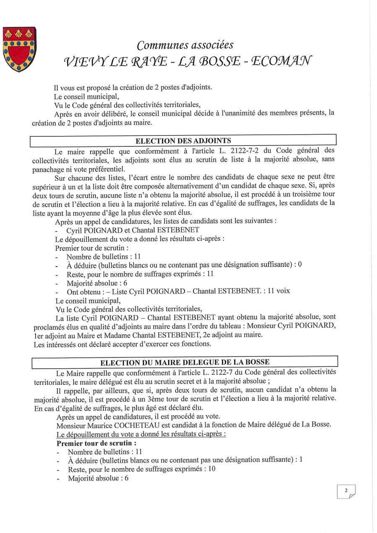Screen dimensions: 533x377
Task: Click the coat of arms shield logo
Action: coord(19,49)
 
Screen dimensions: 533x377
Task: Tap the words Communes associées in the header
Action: coord(185,45)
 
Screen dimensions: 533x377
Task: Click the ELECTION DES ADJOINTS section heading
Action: coord(183,141)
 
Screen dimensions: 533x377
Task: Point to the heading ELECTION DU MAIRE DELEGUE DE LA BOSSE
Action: coord(185,362)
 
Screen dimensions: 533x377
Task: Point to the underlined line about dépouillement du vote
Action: coord(141,434)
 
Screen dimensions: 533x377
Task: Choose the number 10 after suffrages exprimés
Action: coord(212,469)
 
